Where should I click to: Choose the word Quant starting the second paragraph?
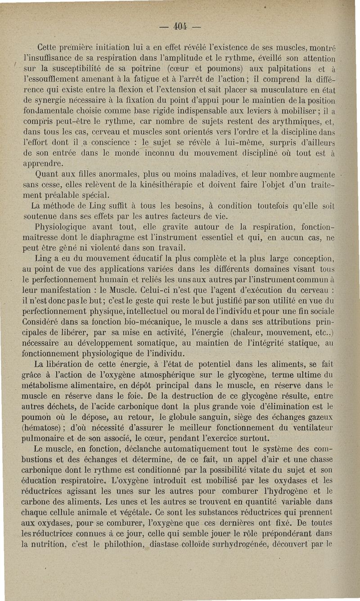(47, 174)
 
